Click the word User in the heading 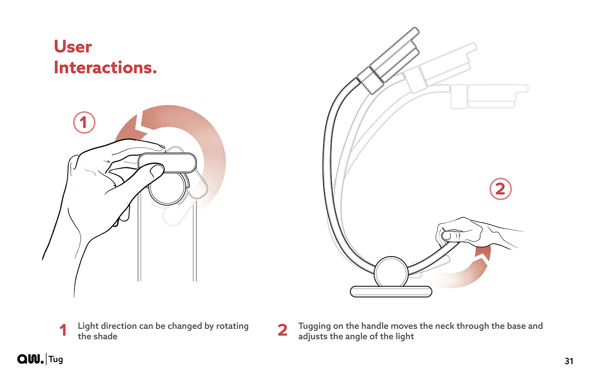click(x=73, y=47)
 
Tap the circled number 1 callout click(x=84, y=122)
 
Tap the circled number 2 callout click(x=500, y=189)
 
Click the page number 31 click(x=569, y=361)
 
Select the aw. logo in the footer click(x=30, y=359)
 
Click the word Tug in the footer click(x=56, y=360)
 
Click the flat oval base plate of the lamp click(x=391, y=292)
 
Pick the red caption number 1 click(x=63, y=330)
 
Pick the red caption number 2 click(x=282, y=330)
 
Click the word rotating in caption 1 click(x=232, y=326)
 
